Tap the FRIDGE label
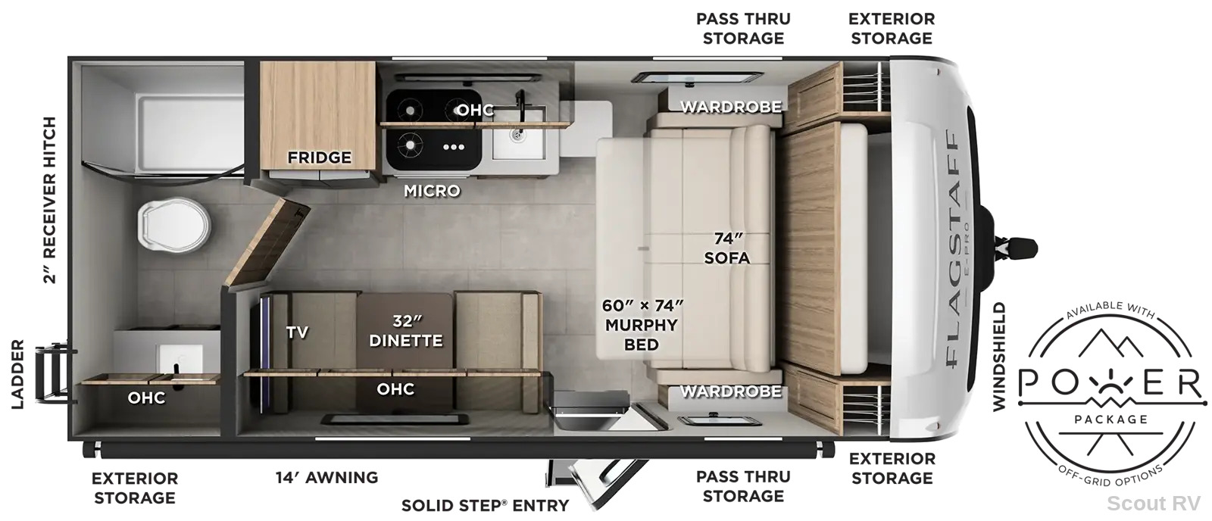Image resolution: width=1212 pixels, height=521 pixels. pos(319,158)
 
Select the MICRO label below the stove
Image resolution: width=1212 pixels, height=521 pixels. pos(432,190)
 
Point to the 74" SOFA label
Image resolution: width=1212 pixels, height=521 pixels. pos(726,248)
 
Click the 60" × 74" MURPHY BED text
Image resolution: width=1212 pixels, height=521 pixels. pos(642,325)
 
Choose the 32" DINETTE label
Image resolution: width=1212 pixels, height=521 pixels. pos(406,331)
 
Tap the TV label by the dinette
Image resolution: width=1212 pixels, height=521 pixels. pos(297,332)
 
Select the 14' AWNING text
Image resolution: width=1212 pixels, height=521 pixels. pos(326,477)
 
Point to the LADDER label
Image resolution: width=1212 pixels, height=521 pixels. pos(18,374)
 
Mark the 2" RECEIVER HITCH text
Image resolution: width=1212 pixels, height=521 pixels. pos(49,200)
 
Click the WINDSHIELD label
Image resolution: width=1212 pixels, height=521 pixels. pos(999,357)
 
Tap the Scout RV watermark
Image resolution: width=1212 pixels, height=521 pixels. pos(1153,503)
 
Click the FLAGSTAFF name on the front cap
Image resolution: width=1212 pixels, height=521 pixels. pos(955,249)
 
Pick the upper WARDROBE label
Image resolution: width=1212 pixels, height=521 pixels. pos(731,107)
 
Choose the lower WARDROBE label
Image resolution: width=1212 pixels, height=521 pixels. pos(731,392)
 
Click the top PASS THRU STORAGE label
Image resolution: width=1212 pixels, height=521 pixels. pos(743,29)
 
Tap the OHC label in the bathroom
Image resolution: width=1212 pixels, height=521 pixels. pos(147,398)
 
